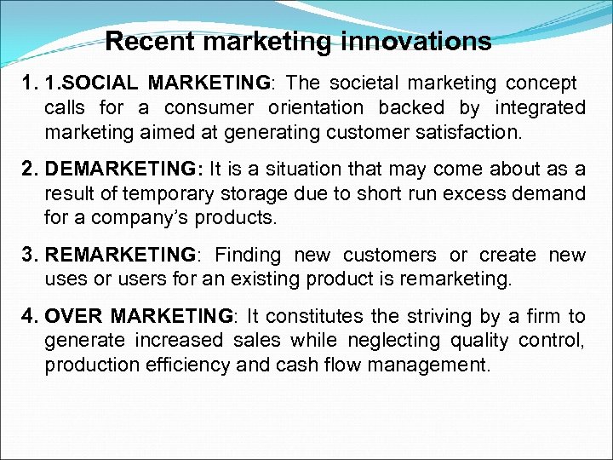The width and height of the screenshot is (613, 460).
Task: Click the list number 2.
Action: click(32, 169)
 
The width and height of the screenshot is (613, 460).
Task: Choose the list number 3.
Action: click(32, 255)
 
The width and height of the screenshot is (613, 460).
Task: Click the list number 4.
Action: click(32, 316)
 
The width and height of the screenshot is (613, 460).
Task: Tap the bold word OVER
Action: click(75, 316)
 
